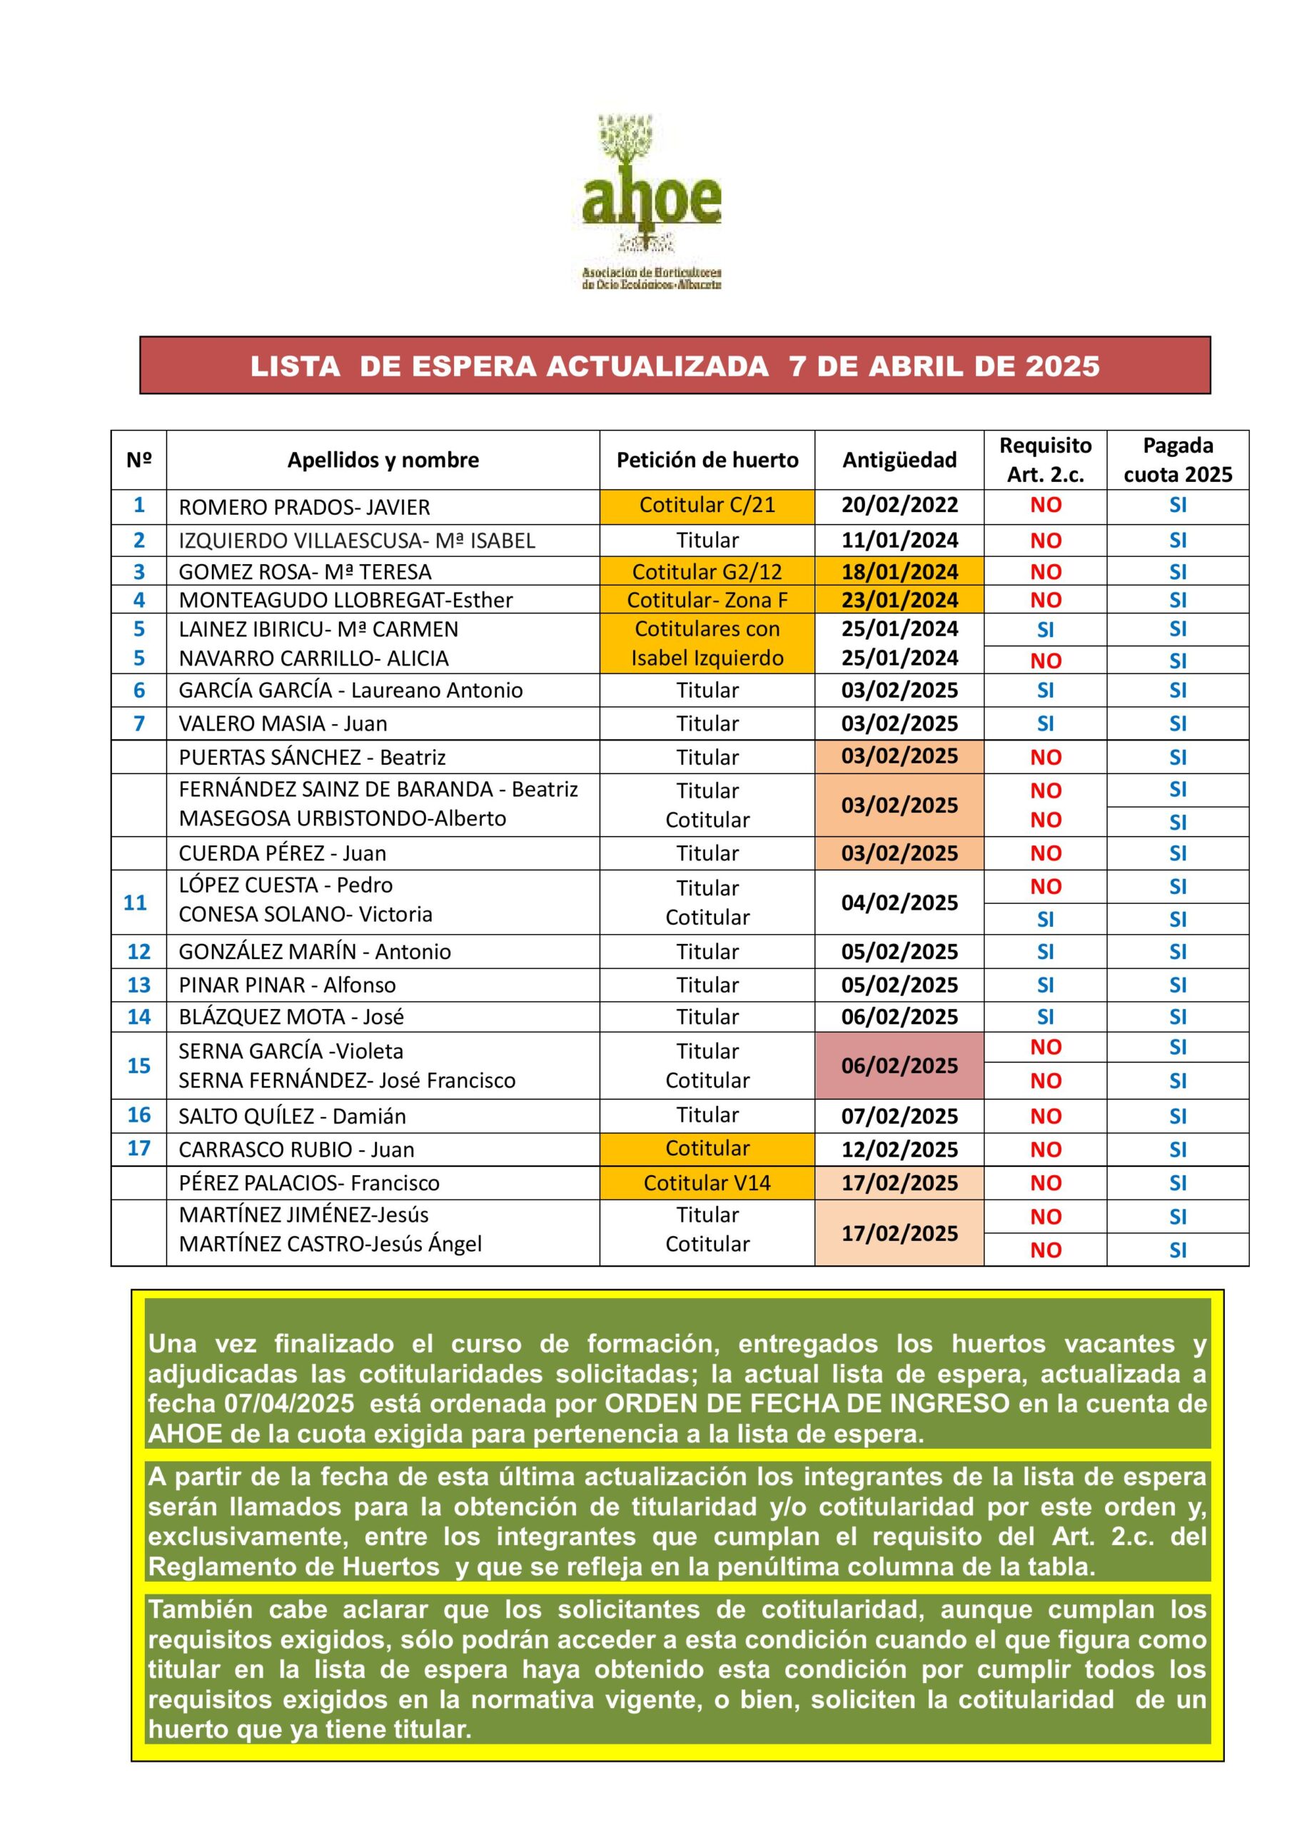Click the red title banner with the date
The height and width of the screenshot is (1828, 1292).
tap(675, 366)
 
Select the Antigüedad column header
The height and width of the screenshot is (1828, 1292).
tap(899, 460)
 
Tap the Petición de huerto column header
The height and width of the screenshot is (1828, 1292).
tap(707, 460)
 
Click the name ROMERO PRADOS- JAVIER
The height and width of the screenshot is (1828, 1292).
tap(304, 507)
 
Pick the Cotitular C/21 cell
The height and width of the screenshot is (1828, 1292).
tap(707, 505)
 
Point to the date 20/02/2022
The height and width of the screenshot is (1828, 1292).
tap(899, 505)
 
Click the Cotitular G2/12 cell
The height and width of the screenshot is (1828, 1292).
tap(707, 572)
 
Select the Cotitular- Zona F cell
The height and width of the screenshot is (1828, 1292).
tap(707, 600)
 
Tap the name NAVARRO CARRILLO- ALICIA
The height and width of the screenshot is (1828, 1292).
tap(313, 658)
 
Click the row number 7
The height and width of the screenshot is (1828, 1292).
tap(138, 724)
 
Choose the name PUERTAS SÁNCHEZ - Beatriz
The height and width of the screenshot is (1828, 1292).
tap(312, 757)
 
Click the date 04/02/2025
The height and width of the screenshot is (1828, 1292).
tap(899, 902)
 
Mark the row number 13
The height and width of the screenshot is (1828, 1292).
tap(138, 985)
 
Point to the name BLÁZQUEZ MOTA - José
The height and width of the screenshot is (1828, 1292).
tap(291, 1017)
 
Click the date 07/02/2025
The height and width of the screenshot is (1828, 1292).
tap(899, 1115)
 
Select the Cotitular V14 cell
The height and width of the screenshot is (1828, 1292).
tap(707, 1182)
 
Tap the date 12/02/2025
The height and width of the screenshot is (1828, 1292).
tap(899, 1149)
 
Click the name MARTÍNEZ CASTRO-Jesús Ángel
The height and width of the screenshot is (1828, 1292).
tap(330, 1244)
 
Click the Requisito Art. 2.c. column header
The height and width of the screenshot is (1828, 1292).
tap(1045, 460)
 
